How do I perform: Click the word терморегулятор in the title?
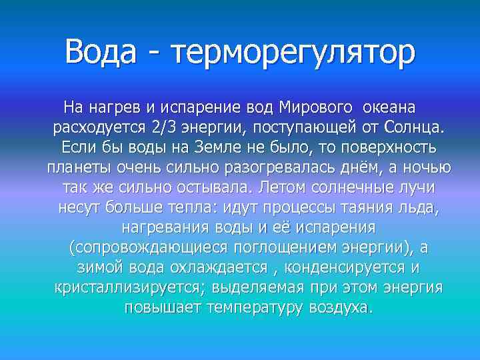(x=294, y=52)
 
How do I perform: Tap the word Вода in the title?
(x=107, y=52)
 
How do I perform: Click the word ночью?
(x=427, y=167)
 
